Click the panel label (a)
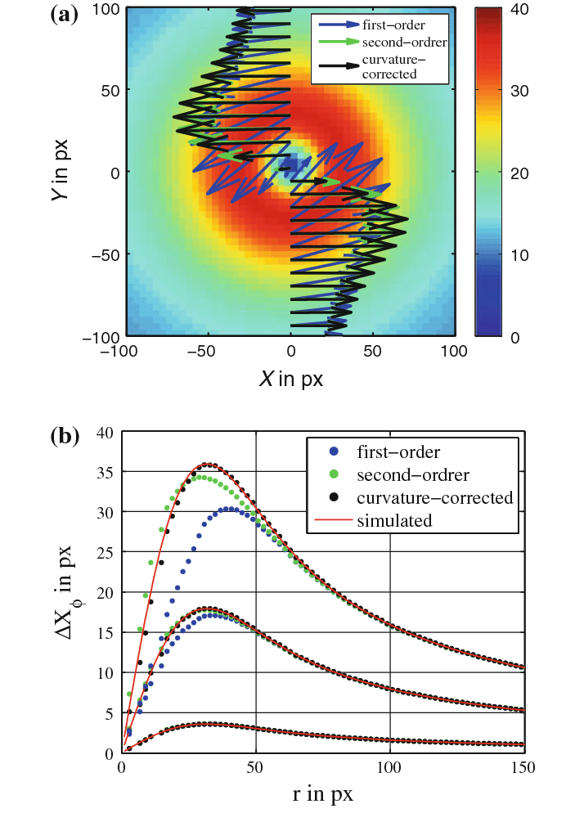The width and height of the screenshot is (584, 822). (65, 14)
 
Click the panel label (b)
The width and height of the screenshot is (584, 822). (65, 437)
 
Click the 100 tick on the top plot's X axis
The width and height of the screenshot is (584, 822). (454, 352)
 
